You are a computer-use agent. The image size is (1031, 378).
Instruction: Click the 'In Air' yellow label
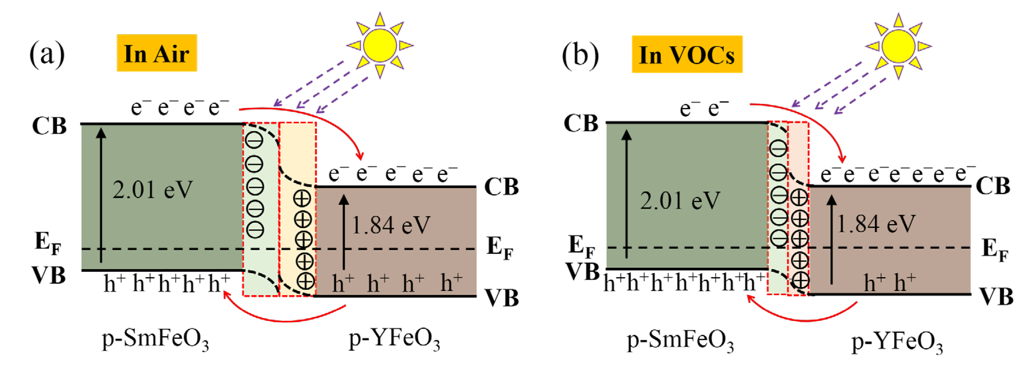[157, 53]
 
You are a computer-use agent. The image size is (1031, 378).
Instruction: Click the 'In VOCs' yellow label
[687, 54]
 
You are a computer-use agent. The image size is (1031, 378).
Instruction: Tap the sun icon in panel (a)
[379, 45]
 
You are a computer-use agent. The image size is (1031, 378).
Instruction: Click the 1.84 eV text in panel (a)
[391, 225]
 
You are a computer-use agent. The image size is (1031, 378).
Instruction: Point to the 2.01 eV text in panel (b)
[680, 200]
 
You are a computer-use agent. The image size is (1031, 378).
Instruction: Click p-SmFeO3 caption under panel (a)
[155, 340]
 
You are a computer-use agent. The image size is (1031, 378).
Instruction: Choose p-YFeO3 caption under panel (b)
[897, 343]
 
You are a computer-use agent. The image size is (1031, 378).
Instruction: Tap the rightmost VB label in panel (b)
[996, 297]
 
